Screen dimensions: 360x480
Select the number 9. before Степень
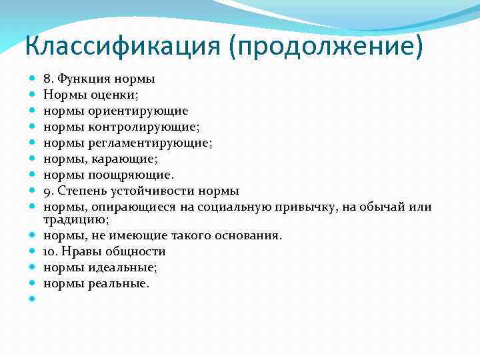(x=48, y=191)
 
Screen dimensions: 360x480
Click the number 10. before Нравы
(x=51, y=251)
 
